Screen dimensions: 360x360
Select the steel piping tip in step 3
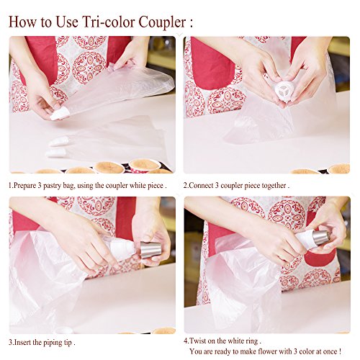(150, 250)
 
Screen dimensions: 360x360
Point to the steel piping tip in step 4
(320, 238)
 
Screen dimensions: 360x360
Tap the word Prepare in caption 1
(24, 186)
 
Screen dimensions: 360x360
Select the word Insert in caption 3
(22, 342)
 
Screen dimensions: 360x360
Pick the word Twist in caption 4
(197, 341)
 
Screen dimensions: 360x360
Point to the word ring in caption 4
(251, 341)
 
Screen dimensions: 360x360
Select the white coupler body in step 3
(123, 250)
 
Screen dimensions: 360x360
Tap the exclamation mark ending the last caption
(340, 351)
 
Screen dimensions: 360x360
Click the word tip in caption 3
(68, 343)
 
